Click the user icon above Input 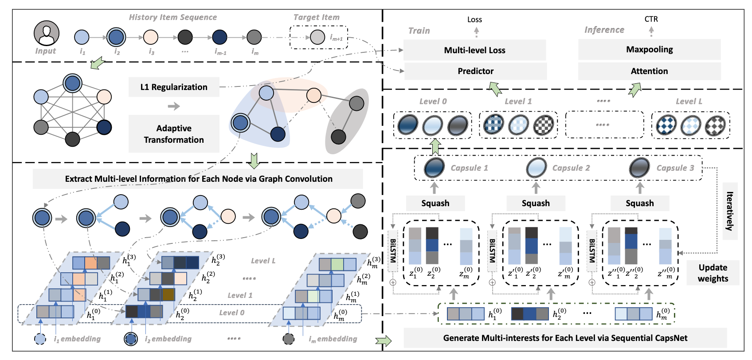point(47,33)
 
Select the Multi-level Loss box point(474,50)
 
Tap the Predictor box point(475,71)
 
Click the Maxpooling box point(649,49)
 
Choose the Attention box point(649,71)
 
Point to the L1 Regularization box point(174,87)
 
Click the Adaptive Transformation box point(174,134)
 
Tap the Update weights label point(713,273)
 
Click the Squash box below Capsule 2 point(536,203)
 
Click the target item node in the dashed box point(317,37)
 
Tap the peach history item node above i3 point(151,37)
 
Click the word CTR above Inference point(651,19)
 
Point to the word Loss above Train point(474,20)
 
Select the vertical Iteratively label point(729,211)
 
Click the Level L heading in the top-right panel point(689,102)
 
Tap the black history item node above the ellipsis point(185,37)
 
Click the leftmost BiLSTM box point(393,251)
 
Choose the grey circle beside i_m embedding point(289,339)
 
